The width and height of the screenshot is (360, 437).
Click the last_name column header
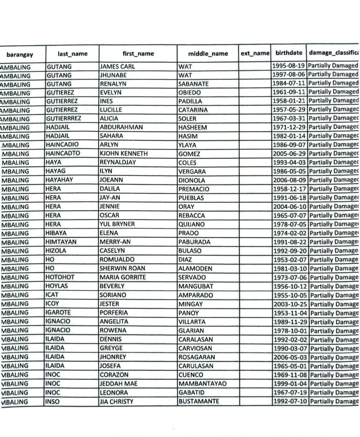click(73, 54)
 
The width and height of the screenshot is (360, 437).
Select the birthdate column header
click(289, 53)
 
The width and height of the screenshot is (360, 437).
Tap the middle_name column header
click(208, 54)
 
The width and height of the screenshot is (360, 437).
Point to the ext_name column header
click(255, 53)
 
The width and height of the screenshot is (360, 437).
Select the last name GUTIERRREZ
click(64, 118)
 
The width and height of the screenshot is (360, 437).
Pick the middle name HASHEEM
click(193, 127)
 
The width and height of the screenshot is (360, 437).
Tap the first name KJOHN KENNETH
click(124, 154)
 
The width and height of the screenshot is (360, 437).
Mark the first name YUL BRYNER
click(117, 224)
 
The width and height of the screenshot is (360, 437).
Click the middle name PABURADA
click(195, 242)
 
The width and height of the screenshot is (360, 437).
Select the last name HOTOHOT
click(60, 277)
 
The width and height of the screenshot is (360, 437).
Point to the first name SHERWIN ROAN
click(122, 268)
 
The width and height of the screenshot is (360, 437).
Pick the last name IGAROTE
click(58, 313)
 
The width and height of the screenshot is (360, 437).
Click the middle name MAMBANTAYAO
click(203, 384)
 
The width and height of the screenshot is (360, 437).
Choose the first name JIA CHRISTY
click(116, 402)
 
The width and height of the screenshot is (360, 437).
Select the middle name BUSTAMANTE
click(199, 402)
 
